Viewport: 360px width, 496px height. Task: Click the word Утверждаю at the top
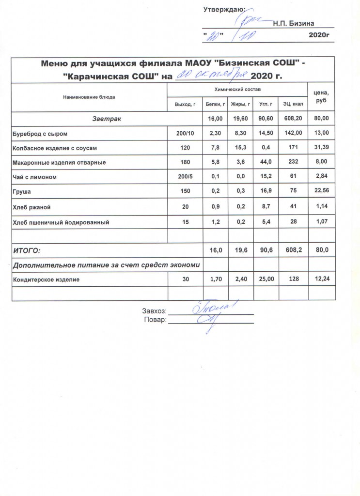tap(223, 9)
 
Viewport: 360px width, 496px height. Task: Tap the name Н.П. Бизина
tap(294, 23)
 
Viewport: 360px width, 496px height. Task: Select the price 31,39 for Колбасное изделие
tap(322, 148)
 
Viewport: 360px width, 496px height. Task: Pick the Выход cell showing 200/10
tap(184, 133)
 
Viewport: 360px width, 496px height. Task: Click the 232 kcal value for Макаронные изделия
tap(293, 163)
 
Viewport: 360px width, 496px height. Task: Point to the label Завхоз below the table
tap(154, 311)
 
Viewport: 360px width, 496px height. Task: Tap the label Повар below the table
tap(156, 320)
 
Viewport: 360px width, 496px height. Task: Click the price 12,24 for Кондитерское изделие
tap(322, 279)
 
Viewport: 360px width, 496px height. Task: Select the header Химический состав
tap(237, 91)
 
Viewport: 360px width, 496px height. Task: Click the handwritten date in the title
tap(212, 75)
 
